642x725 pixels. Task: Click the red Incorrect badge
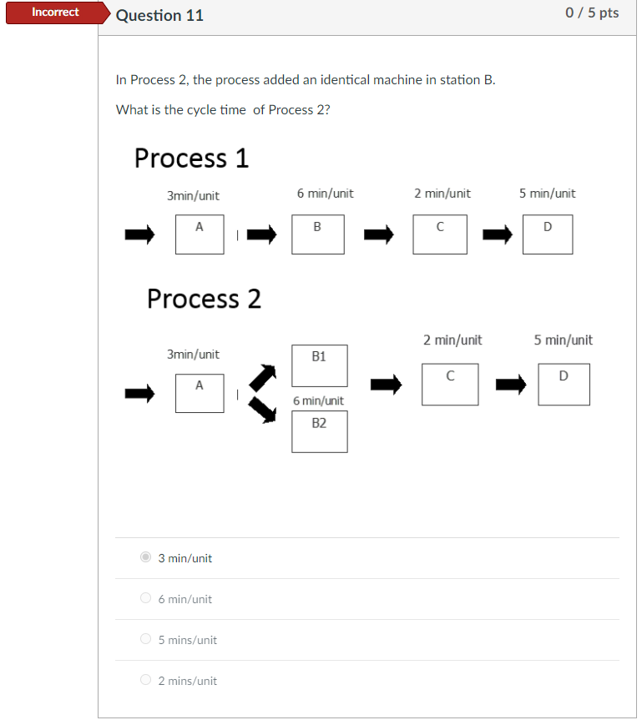(x=55, y=13)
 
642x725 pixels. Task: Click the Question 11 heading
(x=159, y=15)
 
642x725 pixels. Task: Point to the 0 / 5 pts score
(x=591, y=13)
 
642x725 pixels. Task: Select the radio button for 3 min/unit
(x=146, y=557)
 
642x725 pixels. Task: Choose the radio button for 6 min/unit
(x=146, y=598)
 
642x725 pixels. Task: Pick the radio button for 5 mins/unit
(x=146, y=639)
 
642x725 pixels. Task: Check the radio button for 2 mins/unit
(x=146, y=680)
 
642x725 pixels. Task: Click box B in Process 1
(x=317, y=234)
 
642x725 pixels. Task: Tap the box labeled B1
(x=319, y=365)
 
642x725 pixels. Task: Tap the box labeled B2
(x=319, y=431)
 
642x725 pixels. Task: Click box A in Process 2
(x=200, y=392)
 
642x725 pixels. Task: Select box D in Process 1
(x=548, y=234)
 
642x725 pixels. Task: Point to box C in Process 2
(x=450, y=385)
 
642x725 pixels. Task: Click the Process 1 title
(x=191, y=158)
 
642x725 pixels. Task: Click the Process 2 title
(x=204, y=298)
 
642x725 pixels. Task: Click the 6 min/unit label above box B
(x=325, y=194)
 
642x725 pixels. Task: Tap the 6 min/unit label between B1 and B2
(x=318, y=400)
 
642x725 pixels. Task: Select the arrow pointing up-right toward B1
(x=264, y=376)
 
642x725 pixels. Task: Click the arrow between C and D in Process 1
(x=498, y=235)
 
